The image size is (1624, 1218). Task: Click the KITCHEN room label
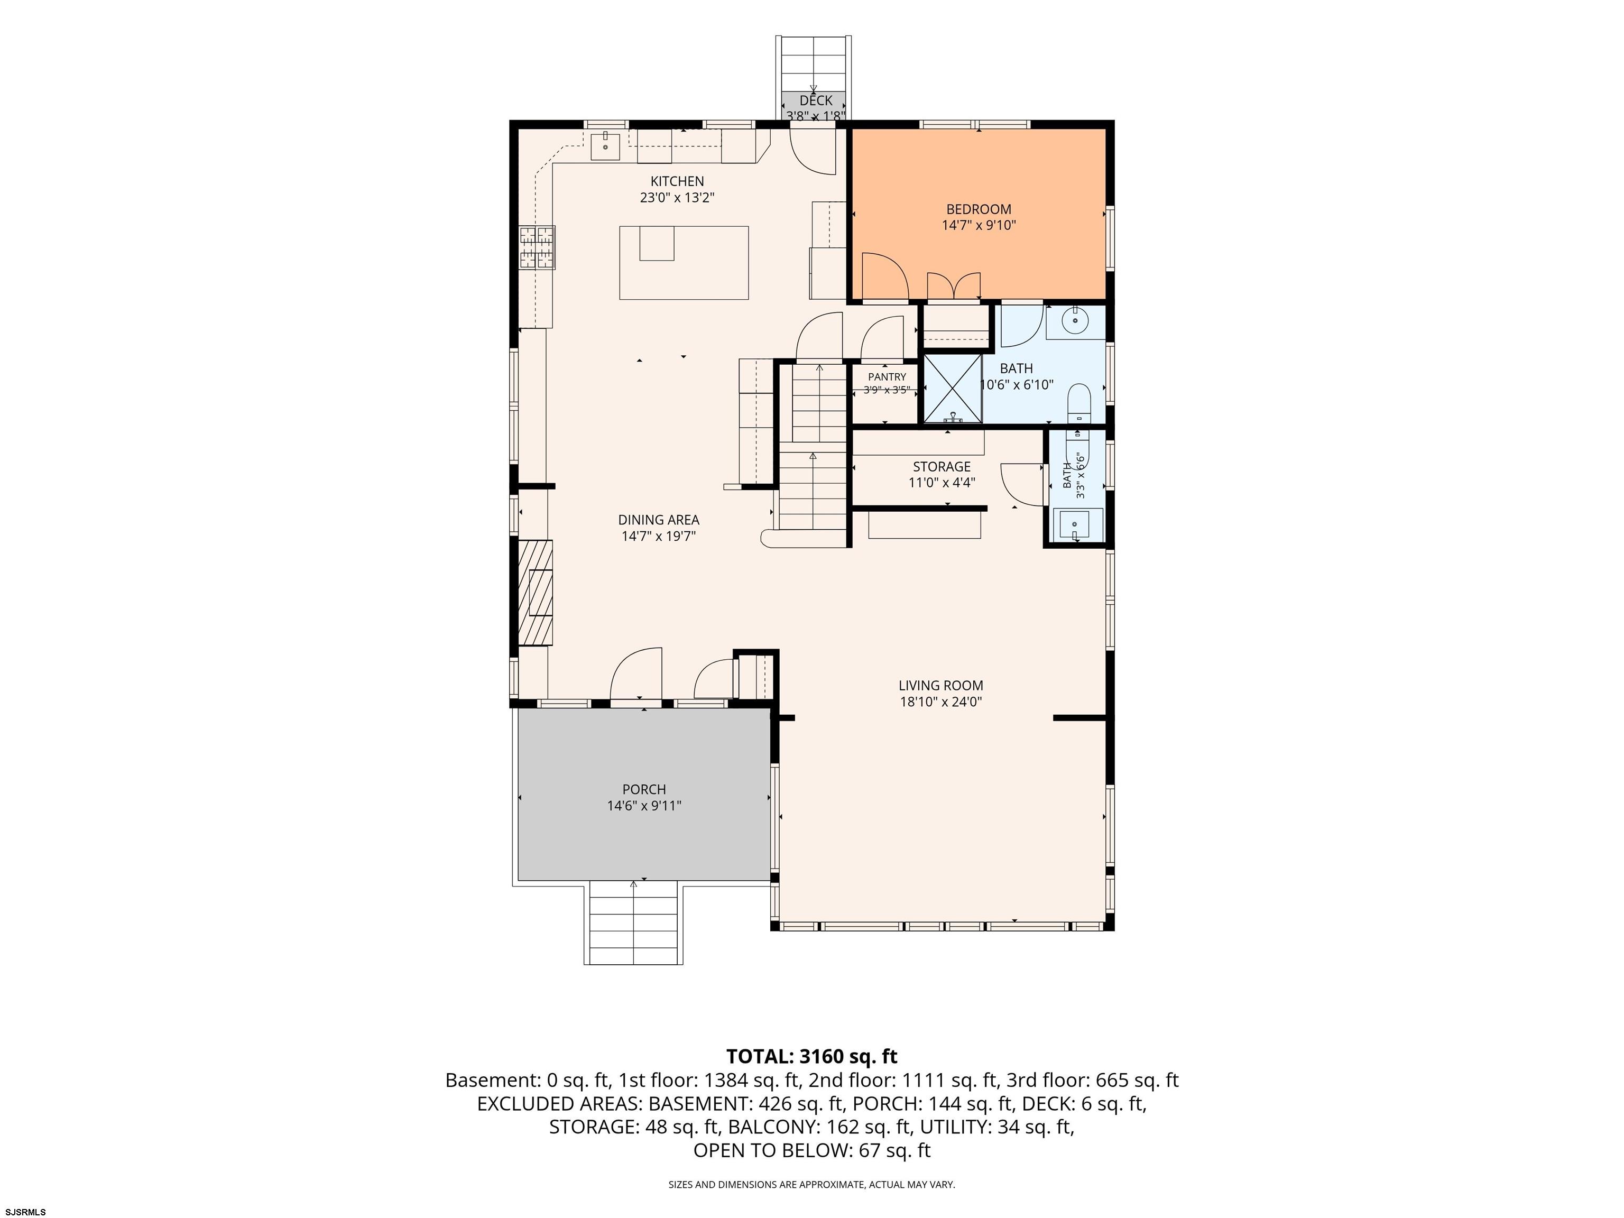coord(677,181)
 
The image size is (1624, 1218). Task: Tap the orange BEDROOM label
coord(979,209)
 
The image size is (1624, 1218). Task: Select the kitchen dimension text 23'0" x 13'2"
coord(677,198)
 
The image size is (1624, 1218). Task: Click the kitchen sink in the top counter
coord(606,146)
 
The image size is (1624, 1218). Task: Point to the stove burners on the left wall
coord(537,247)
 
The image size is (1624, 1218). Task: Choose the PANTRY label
coord(887,376)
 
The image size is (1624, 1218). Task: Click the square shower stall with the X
coord(952,389)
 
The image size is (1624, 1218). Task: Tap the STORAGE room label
coord(942,467)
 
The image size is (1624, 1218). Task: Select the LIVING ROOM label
coord(941,686)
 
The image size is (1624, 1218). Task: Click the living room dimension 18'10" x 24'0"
coord(941,702)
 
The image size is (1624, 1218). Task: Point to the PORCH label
coord(644,789)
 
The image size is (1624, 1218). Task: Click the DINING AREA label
coord(659,520)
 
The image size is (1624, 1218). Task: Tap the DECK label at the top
coord(816,100)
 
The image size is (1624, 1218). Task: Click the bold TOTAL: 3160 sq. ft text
coord(812,1056)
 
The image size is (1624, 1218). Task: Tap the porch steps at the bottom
coord(634,924)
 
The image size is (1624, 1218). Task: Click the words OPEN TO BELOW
coord(772,1150)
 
